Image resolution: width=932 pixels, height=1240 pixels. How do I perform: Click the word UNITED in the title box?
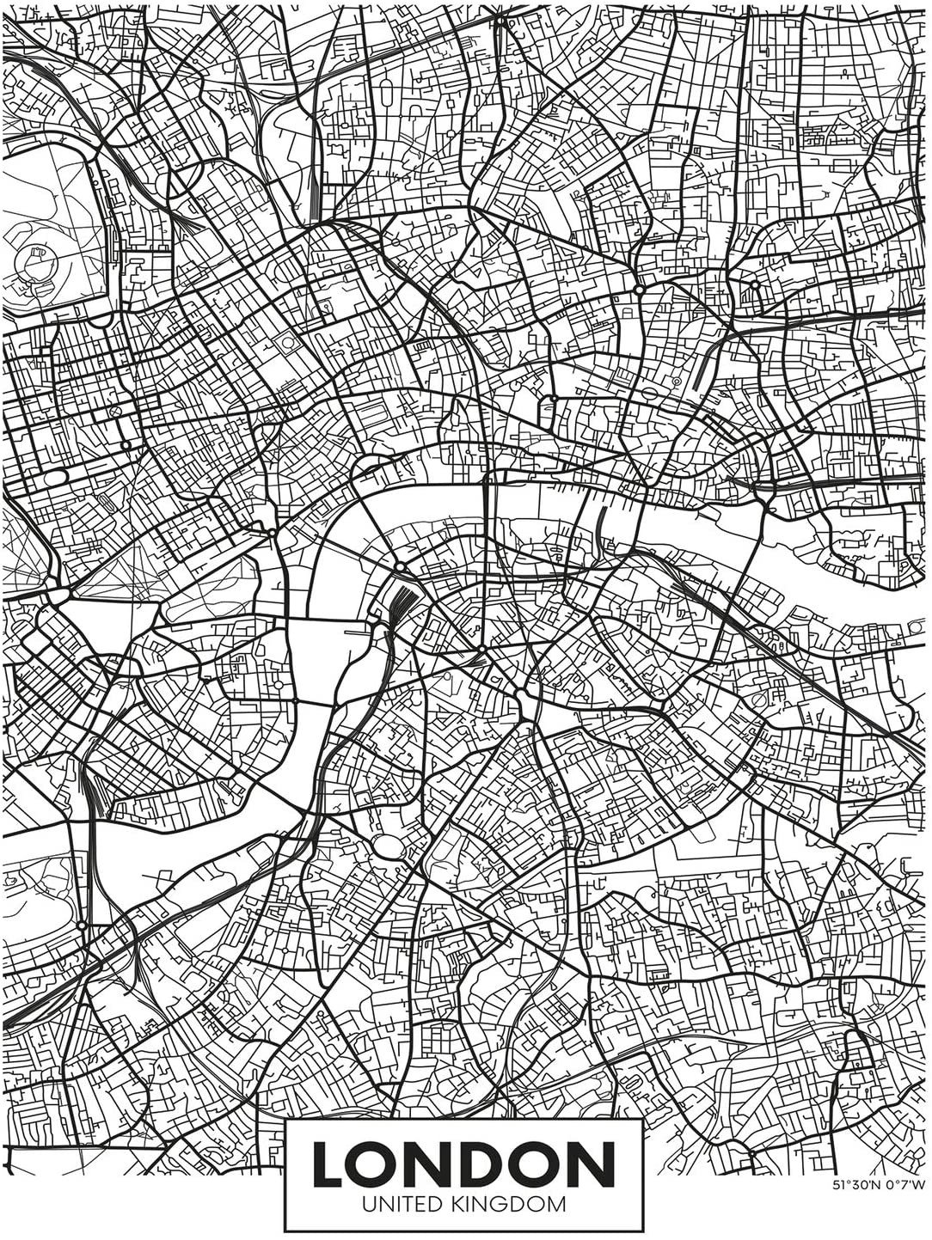tap(401, 1204)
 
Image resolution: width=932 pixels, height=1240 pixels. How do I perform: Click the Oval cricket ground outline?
tap(389, 846)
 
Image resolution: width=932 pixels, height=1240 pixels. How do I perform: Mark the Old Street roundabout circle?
tap(639, 290)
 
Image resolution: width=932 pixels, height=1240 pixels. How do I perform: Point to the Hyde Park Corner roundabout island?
tap(58, 596)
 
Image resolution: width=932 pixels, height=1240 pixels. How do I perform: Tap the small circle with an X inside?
tap(113, 412)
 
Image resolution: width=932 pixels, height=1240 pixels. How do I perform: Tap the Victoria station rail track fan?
tap(95, 791)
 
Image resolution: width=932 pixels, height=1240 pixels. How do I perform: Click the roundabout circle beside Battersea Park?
tap(82, 925)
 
